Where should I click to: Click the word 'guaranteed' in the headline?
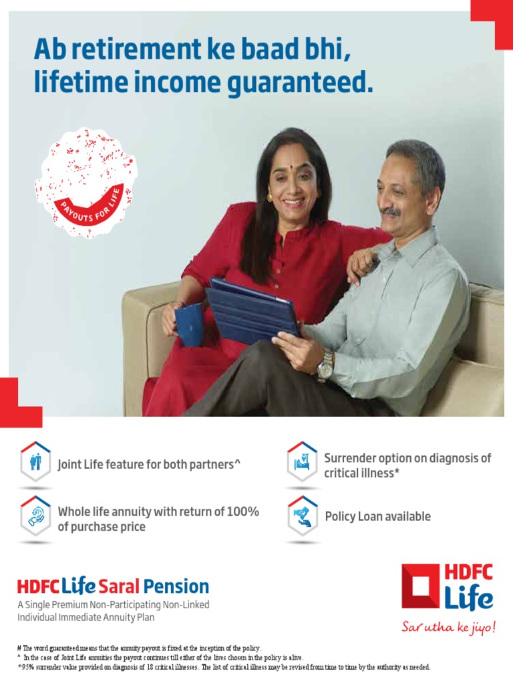click(304, 83)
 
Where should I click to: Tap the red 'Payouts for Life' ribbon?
click(91, 204)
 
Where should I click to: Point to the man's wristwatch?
click(325, 366)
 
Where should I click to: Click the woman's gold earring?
click(270, 197)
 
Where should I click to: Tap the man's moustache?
click(391, 211)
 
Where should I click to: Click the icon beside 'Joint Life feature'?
click(35, 462)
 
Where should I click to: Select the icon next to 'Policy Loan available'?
click(302, 516)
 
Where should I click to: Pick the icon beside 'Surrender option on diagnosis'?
click(302, 462)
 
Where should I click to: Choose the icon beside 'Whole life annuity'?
click(35, 516)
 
